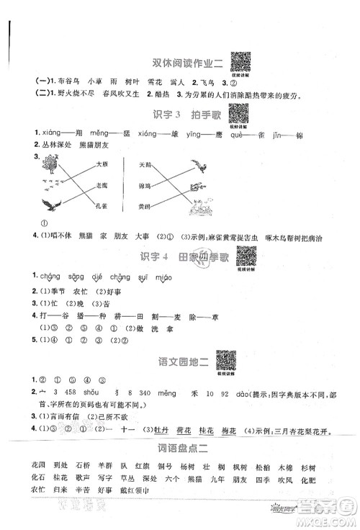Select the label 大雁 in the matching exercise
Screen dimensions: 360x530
(102, 164)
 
